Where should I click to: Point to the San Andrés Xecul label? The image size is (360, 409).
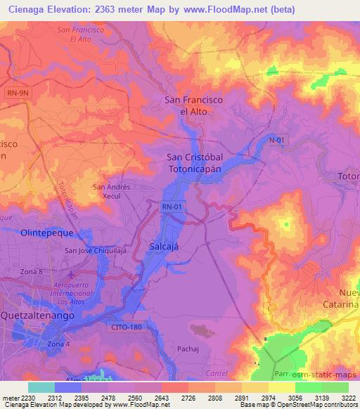112,191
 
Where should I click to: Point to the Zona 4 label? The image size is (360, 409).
59,344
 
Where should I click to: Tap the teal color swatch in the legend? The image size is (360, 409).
41,387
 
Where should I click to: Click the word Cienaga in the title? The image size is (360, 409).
21,9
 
